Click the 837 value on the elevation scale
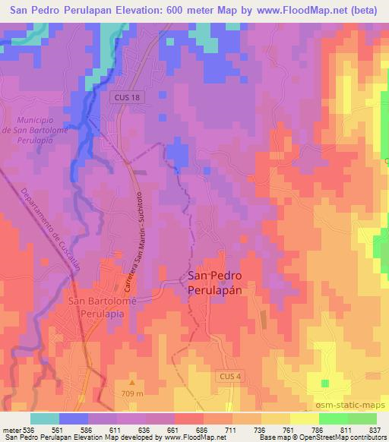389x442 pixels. coord(376,429)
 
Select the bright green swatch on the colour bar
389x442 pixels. coord(333,418)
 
